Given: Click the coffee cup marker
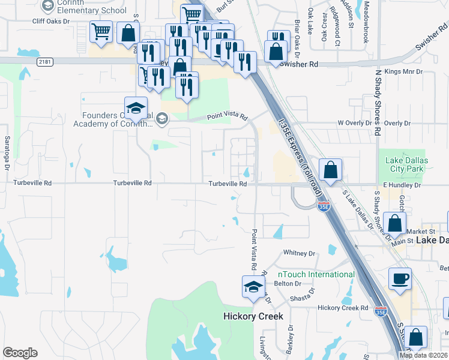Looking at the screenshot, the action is (x=400, y=280).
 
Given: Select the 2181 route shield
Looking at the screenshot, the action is (x=44, y=61).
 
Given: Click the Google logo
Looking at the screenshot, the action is (x=20, y=353).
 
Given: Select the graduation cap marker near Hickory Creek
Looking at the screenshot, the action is (x=253, y=287).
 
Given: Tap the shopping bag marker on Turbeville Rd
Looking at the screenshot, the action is (x=330, y=170).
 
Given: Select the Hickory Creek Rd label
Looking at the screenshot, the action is (x=343, y=308).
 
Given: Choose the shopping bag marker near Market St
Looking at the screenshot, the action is (x=396, y=224).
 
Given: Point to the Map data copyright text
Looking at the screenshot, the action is (x=423, y=355).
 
